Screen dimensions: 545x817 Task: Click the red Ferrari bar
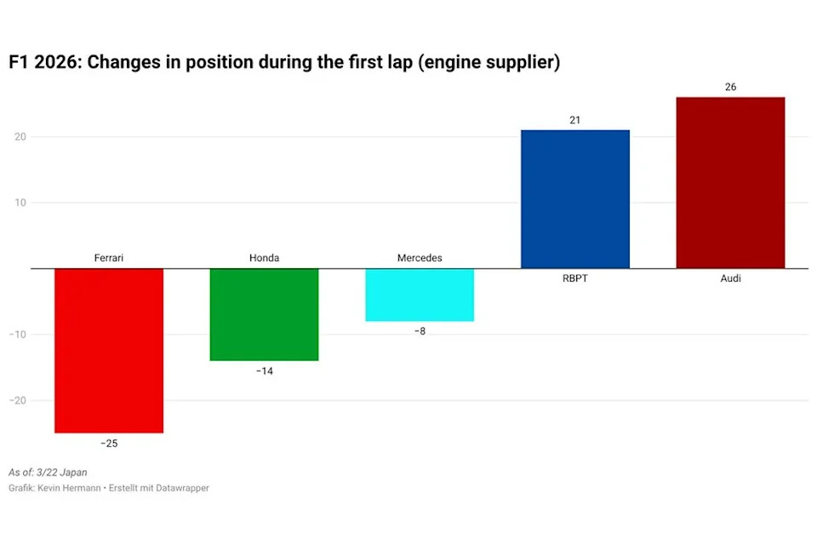tap(109, 351)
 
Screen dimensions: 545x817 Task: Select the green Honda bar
tap(264, 314)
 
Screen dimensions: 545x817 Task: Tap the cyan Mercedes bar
tap(420, 295)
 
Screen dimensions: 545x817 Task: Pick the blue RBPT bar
tap(574, 199)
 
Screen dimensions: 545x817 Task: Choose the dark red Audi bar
tap(730, 183)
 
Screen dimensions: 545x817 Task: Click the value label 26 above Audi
tap(730, 87)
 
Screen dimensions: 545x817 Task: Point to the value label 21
tap(574, 120)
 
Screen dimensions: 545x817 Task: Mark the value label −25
tap(109, 444)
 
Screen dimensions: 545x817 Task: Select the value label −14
tap(264, 371)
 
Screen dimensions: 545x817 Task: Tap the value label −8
tap(420, 331)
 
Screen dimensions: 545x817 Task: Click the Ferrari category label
tap(109, 258)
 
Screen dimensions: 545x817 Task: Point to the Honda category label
tap(264, 258)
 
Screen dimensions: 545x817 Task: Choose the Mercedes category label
tap(420, 258)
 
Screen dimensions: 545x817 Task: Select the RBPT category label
tap(574, 278)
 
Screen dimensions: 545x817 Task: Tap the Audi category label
tap(730, 278)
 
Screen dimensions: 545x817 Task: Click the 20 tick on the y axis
tap(20, 137)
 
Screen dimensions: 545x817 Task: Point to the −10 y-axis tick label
tap(17, 335)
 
